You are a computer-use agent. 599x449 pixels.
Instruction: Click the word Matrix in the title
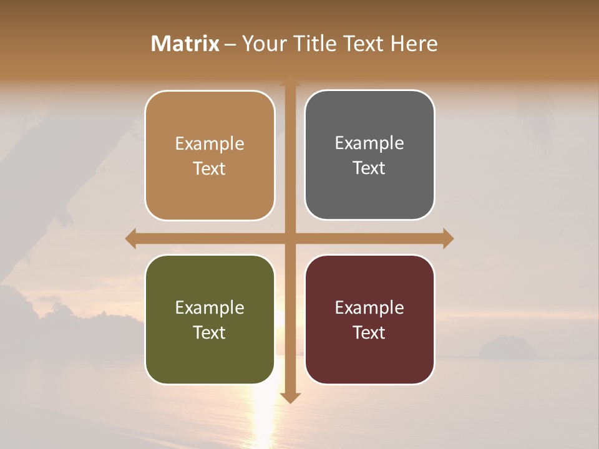tap(185, 44)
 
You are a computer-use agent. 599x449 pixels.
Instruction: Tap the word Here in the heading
tap(414, 44)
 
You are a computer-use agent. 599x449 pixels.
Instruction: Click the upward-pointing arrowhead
tap(290, 81)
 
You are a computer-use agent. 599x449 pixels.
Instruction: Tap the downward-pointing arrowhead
tap(290, 397)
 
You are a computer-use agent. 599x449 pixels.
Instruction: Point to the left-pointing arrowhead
tap(130, 238)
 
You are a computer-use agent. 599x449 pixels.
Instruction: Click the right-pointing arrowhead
tap(448, 238)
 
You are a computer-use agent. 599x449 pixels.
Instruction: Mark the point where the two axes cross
tap(290, 238)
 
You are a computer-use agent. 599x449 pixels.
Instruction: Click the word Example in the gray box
tap(369, 143)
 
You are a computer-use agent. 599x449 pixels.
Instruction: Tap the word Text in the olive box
tap(210, 332)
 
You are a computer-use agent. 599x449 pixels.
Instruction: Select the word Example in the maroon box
tap(369, 307)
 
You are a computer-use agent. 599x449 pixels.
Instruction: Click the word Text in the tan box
tap(210, 168)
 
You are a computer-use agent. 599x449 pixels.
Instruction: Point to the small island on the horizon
tap(507, 347)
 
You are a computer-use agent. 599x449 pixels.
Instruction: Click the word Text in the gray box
tap(369, 168)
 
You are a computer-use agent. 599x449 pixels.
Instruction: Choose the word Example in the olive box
tap(210, 307)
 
